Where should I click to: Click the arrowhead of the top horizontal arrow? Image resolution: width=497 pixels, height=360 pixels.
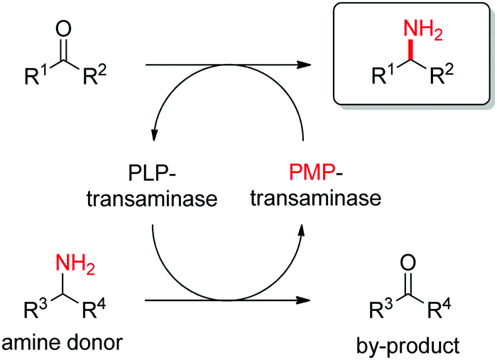pyautogui.click(x=305, y=65)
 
